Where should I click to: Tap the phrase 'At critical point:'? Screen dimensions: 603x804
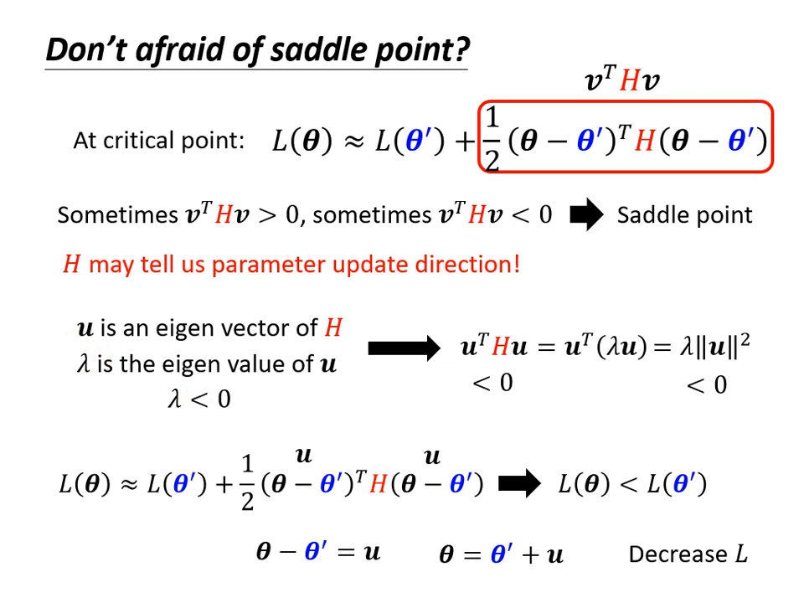coord(158,140)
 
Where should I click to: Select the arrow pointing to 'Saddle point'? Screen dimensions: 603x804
coord(586,215)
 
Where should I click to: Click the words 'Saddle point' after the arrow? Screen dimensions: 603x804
coord(684,215)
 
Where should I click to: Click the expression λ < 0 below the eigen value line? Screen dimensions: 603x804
coord(199,399)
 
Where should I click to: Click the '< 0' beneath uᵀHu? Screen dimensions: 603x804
coord(492,384)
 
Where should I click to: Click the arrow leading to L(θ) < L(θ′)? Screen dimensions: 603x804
coord(519,484)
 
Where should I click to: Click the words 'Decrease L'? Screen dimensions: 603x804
coord(688,554)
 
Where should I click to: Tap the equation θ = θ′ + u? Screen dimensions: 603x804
coord(502,554)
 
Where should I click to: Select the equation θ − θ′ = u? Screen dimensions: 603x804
coord(318,552)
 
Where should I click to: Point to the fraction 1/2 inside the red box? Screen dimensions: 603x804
coord(492,140)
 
